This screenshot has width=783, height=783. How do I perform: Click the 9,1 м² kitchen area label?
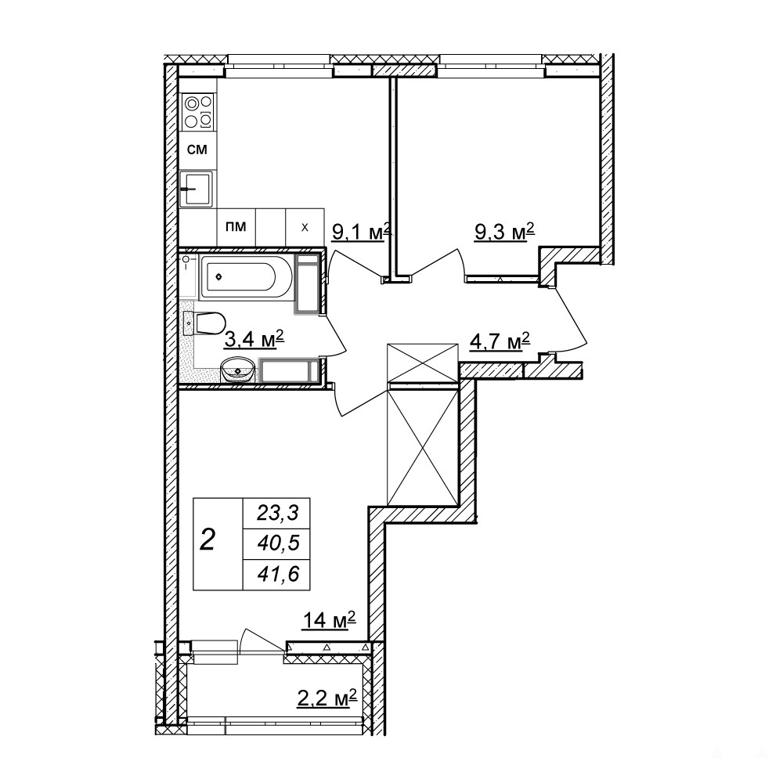click(360, 233)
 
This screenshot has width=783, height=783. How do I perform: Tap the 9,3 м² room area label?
click(504, 232)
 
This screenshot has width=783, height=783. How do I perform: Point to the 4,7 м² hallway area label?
click(500, 343)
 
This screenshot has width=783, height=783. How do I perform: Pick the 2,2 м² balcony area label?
click(327, 698)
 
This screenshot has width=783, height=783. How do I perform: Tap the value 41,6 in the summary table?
click(278, 574)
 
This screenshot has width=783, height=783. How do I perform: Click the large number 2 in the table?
click(207, 539)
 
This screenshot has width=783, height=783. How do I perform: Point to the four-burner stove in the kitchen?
click(199, 111)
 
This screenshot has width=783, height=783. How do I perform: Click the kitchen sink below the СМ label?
click(197, 189)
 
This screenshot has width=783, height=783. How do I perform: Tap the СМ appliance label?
click(197, 150)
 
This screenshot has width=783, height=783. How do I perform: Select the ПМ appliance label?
click(236, 227)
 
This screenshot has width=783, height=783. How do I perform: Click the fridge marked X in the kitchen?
click(305, 227)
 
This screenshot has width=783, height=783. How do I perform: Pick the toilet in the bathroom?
click(204, 323)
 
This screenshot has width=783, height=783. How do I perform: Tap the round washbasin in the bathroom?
click(238, 370)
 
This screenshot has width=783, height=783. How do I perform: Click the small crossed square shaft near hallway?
click(423, 362)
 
